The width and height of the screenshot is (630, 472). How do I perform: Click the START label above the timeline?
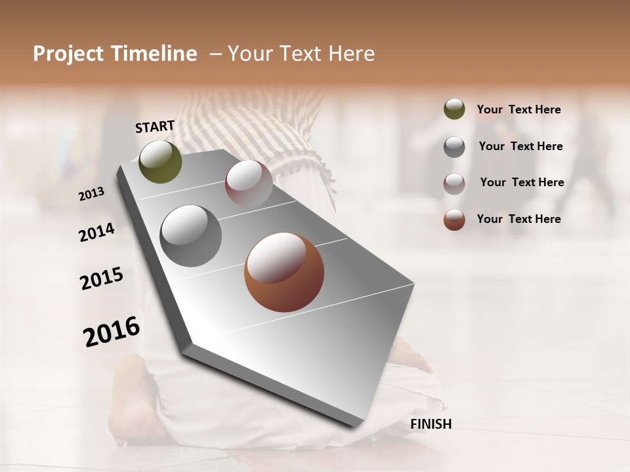(155, 127)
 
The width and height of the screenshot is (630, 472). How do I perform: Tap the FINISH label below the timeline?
(430, 424)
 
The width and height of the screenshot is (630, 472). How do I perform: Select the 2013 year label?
(91, 194)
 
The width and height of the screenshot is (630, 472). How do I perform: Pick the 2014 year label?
(96, 233)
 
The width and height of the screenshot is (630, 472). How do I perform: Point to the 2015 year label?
(102, 279)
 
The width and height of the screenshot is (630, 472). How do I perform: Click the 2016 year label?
(112, 332)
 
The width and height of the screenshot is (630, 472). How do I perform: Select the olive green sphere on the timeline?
(160, 162)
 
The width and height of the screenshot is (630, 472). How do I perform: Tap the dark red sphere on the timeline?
(249, 184)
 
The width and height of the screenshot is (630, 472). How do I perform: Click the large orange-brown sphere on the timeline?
(283, 272)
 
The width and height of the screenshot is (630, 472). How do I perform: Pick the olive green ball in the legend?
(454, 109)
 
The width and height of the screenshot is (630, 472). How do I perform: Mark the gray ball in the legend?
(454, 147)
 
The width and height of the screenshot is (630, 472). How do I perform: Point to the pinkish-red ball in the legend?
(454, 184)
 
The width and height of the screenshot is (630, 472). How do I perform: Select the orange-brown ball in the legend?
(454, 220)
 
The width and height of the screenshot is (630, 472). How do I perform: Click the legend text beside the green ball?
(518, 109)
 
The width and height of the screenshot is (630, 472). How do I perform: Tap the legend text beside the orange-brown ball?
(518, 219)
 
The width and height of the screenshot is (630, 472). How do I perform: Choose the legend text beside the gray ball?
(520, 146)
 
